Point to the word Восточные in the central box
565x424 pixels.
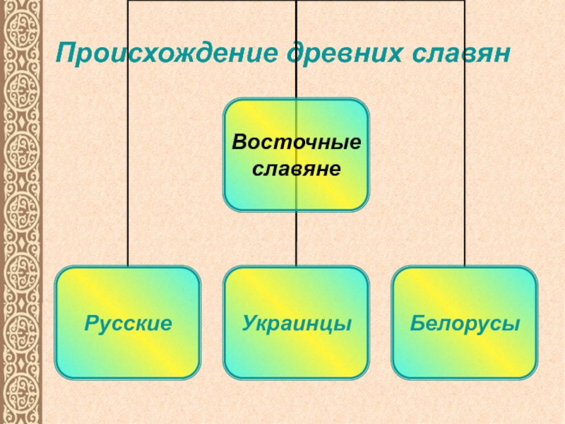click(x=297, y=143)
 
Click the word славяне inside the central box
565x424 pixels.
click(x=297, y=170)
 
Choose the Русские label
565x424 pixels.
click(x=129, y=324)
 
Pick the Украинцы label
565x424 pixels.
click(x=297, y=324)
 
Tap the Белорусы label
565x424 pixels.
click(x=465, y=324)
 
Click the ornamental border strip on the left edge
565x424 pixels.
click(x=21, y=212)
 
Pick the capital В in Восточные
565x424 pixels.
click(x=239, y=143)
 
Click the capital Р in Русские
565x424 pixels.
click(x=90, y=324)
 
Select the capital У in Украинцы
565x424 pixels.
click(x=249, y=324)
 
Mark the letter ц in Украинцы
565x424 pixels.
click(x=327, y=326)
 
